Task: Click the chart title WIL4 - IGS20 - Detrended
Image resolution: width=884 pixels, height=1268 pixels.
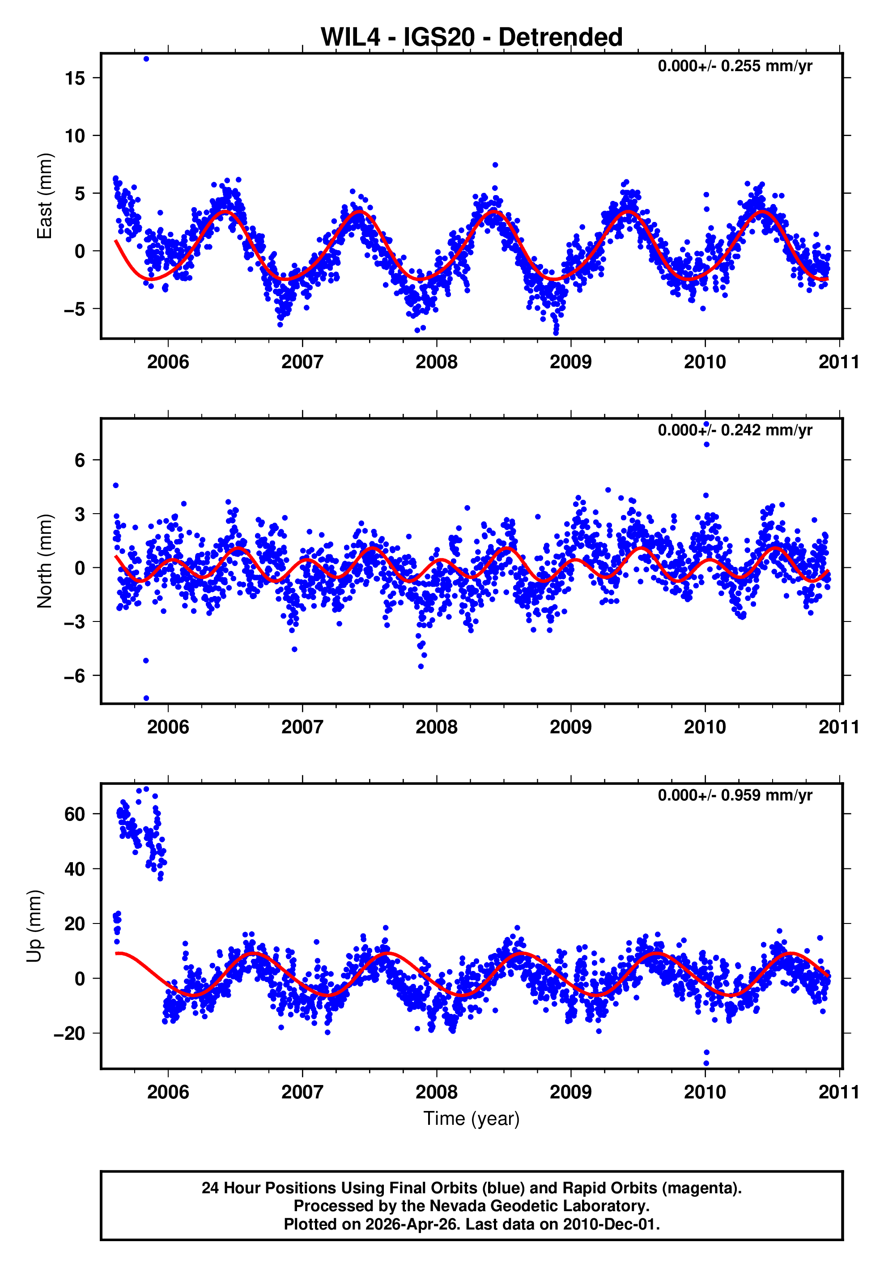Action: coord(471,38)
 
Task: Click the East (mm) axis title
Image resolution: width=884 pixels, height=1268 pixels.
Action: coord(44,196)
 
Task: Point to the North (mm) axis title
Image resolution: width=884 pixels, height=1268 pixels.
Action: coord(44,561)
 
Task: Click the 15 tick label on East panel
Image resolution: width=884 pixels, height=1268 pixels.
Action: coord(75,78)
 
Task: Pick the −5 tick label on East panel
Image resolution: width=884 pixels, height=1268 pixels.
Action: coord(75,309)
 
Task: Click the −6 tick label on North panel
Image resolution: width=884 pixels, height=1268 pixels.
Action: coord(75,676)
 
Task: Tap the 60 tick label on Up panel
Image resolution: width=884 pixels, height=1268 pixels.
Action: coord(75,814)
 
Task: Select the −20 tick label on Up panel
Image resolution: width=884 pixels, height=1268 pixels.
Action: coord(70,1033)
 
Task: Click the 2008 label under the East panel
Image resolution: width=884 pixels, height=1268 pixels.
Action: coord(436,362)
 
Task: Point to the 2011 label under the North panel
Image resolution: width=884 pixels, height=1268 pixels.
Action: coord(838,728)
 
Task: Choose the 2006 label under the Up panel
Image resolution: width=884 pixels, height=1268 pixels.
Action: coord(168,1092)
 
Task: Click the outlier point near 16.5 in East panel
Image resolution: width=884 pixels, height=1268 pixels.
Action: coord(146,59)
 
